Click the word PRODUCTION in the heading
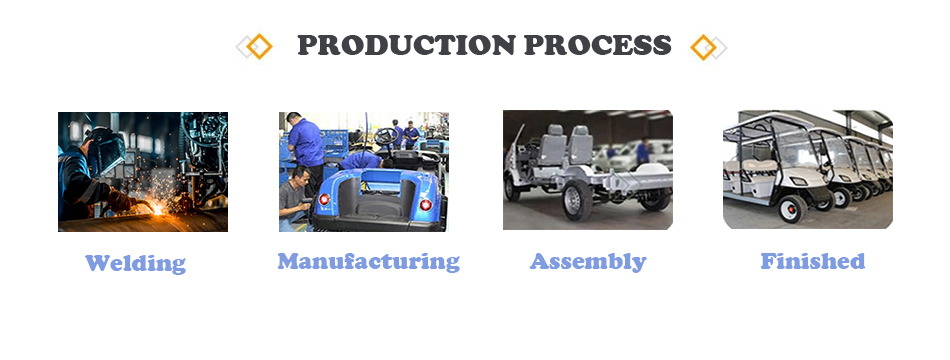click(x=406, y=45)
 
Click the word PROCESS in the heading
click(x=597, y=45)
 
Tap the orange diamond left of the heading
click(x=259, y=46)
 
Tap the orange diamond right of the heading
click(x=703, y=47)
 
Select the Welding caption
click(x=135, y=263)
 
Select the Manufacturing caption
click(x=368, y=261)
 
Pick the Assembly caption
click(x=588, y=261)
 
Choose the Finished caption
click(x=812, y=261)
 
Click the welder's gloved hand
click(x=120, y=200)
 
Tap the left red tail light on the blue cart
click(x=324, y=199)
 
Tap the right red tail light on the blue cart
click(x=425, y=205)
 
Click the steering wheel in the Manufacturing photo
click(x=386, y=136)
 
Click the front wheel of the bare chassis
click(x=577, y=200)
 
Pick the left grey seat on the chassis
click(x=555, y=145)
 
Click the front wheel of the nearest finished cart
click(x=792, y=208)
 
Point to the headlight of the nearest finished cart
click(x=799, y=181)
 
